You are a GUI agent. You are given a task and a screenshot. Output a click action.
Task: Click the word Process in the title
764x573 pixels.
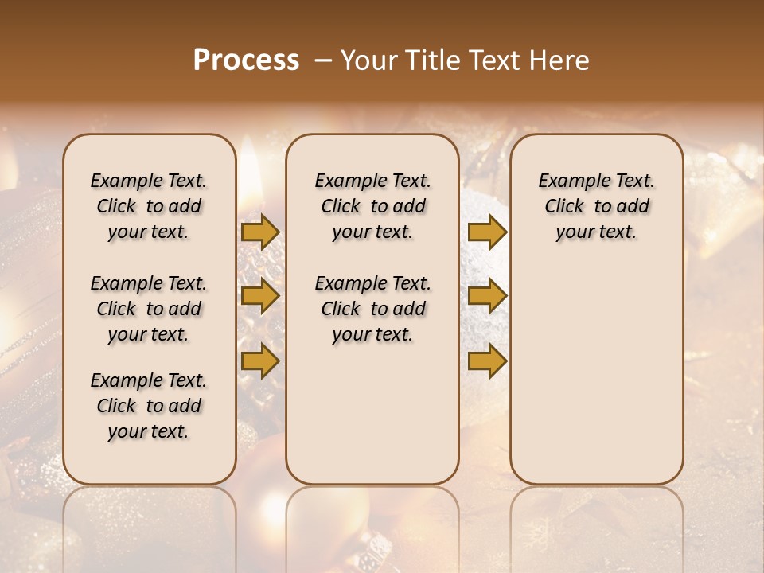[246, 60]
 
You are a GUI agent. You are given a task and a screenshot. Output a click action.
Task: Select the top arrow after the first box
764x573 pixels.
[260, 232]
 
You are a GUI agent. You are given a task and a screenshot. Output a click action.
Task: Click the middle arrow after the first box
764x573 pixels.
[260, 296]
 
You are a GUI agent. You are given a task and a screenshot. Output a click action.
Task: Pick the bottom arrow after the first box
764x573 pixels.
[260, 361]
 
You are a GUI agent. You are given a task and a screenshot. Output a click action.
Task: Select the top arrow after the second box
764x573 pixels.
[487, 232]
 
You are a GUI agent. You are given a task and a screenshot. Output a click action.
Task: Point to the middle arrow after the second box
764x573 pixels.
[487, 296]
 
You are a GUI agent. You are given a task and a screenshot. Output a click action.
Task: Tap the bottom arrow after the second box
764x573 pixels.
[487, 361]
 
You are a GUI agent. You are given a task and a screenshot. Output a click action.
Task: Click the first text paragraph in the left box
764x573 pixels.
[149, 206]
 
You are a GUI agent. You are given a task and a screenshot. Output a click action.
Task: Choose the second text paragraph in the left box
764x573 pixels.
[149, 309]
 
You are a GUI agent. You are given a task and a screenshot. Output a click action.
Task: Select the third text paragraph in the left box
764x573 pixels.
[149, 406]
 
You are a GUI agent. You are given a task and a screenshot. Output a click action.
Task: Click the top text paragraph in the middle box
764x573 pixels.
[372, 206]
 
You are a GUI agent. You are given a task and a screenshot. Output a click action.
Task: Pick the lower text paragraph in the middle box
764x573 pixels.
[372, 309]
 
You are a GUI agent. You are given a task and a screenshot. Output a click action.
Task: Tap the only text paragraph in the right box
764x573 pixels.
[596, 206]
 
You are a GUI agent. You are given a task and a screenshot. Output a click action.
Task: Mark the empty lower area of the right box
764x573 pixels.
[596, 374]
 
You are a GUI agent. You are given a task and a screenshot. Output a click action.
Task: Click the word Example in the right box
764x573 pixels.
[567, 181]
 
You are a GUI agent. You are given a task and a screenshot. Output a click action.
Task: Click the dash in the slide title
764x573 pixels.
[323, 60]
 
